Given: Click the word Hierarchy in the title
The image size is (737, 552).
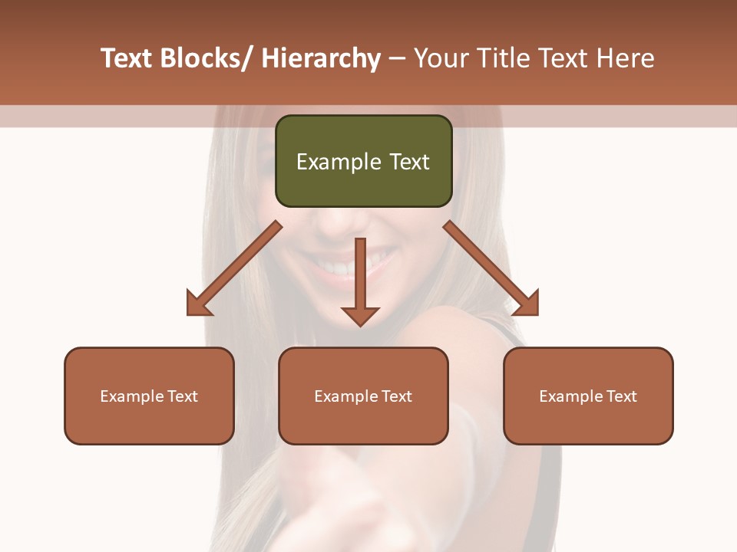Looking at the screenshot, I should pyautogui.click(x=321, y=59).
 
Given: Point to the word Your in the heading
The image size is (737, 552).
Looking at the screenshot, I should pyautogui.click(x=440, y=59).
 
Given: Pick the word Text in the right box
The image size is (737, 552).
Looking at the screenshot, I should pyautogui.click(x=622, y=396).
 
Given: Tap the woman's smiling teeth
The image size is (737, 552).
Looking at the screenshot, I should pyautogui.click(x=338, y=268).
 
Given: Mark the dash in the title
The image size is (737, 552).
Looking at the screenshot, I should pyautogui.click(x=397, y=59).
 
